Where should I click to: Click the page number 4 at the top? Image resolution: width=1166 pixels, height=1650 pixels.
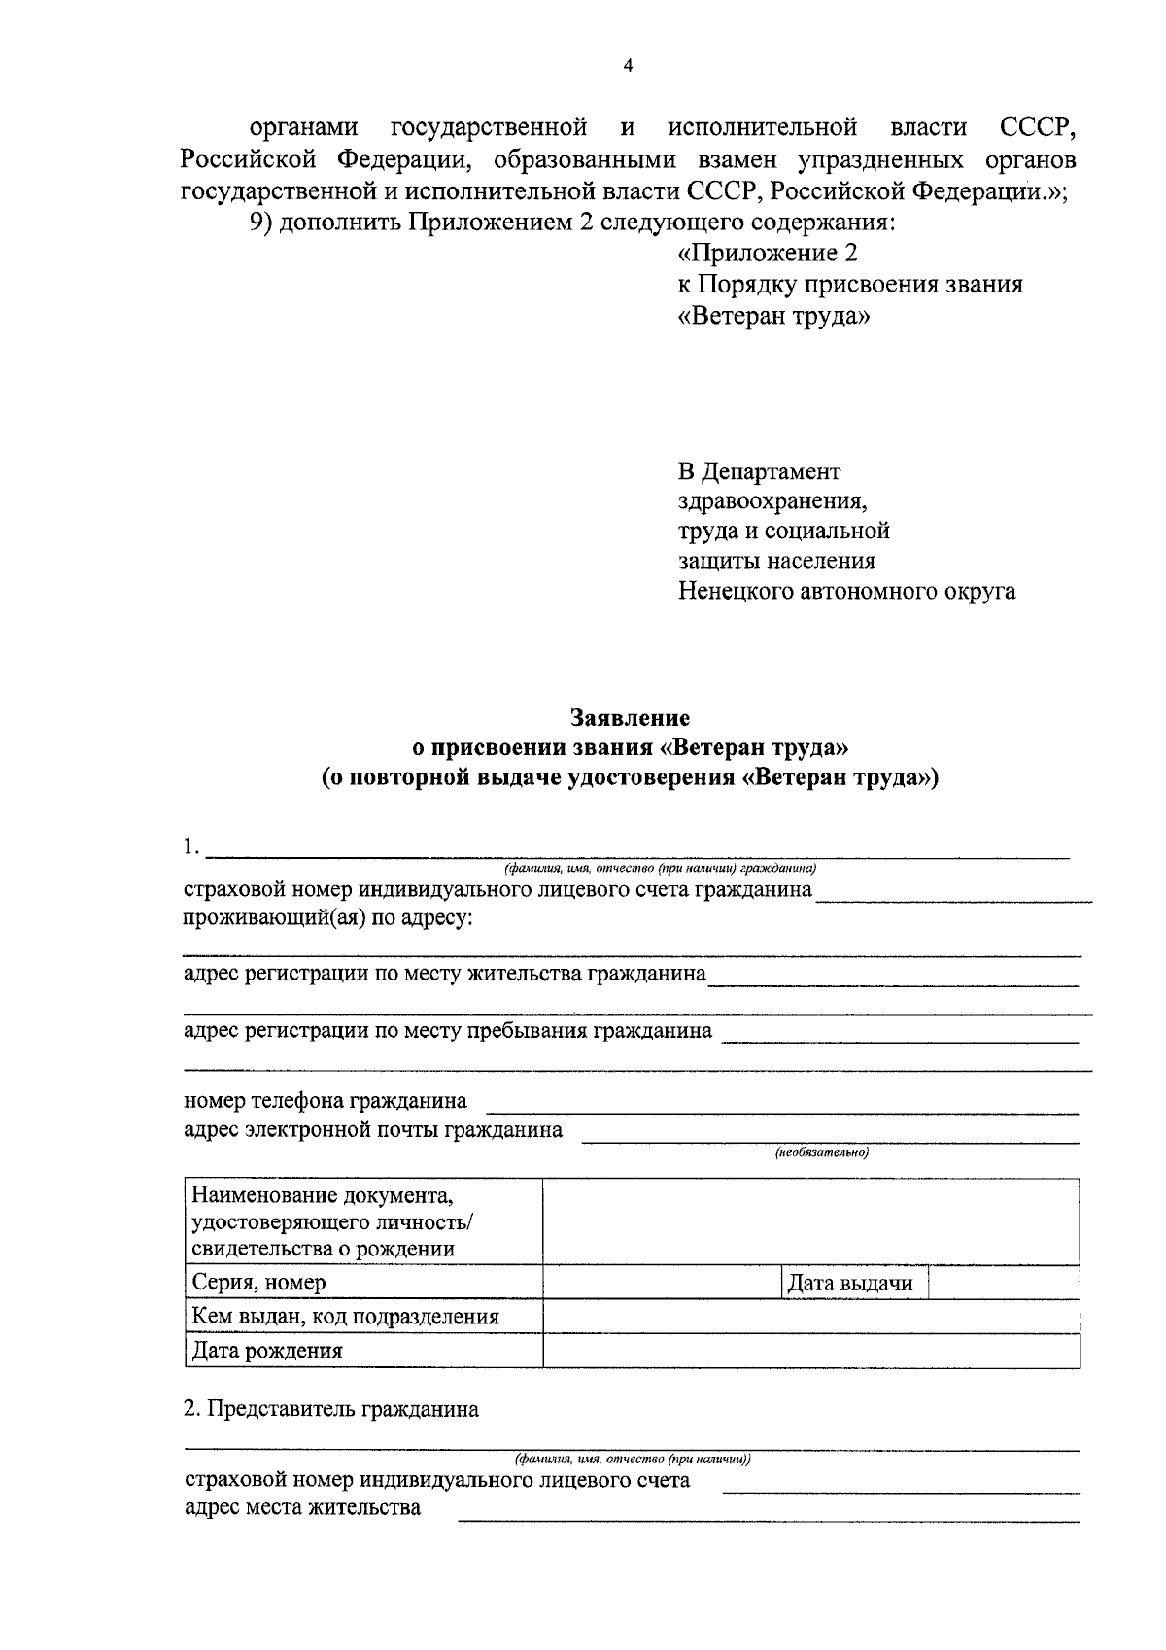coord(627,66)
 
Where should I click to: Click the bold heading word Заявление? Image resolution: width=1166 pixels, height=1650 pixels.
coord(630,718)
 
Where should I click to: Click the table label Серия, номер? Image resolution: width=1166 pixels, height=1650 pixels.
coord(259,1282)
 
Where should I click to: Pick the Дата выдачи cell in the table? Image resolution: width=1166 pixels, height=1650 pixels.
coord(850,1283)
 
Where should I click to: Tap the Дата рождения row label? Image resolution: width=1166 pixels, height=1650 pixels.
coord(267,1350)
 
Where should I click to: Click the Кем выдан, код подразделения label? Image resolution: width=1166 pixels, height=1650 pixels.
coord(345,1317)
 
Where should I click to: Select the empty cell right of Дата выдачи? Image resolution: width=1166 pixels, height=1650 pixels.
coord(1003,1283)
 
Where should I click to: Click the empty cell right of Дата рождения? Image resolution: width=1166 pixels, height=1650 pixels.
coord(810,1350)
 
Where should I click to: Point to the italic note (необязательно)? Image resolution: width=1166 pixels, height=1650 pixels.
coord(821,1152)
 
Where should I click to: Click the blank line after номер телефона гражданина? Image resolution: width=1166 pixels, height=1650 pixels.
coord(781,1109)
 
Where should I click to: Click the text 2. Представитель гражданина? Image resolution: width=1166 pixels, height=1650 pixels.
coord(331,1409)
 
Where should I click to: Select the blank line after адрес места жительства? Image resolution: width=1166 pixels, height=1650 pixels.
coord(768,1516)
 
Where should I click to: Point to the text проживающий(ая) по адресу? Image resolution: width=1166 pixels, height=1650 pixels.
coord(328,918)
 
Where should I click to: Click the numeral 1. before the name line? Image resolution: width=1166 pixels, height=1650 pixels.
coord(190,847)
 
